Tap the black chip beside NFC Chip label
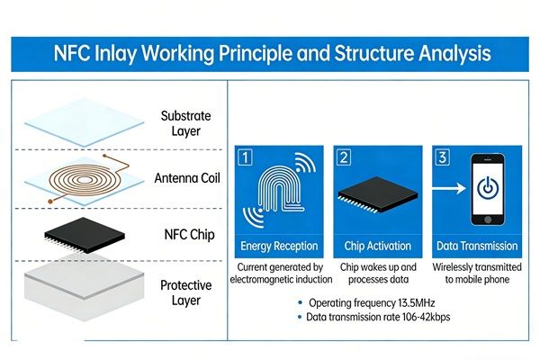point(82,232)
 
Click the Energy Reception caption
point(281,246)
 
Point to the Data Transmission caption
point(476,246)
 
